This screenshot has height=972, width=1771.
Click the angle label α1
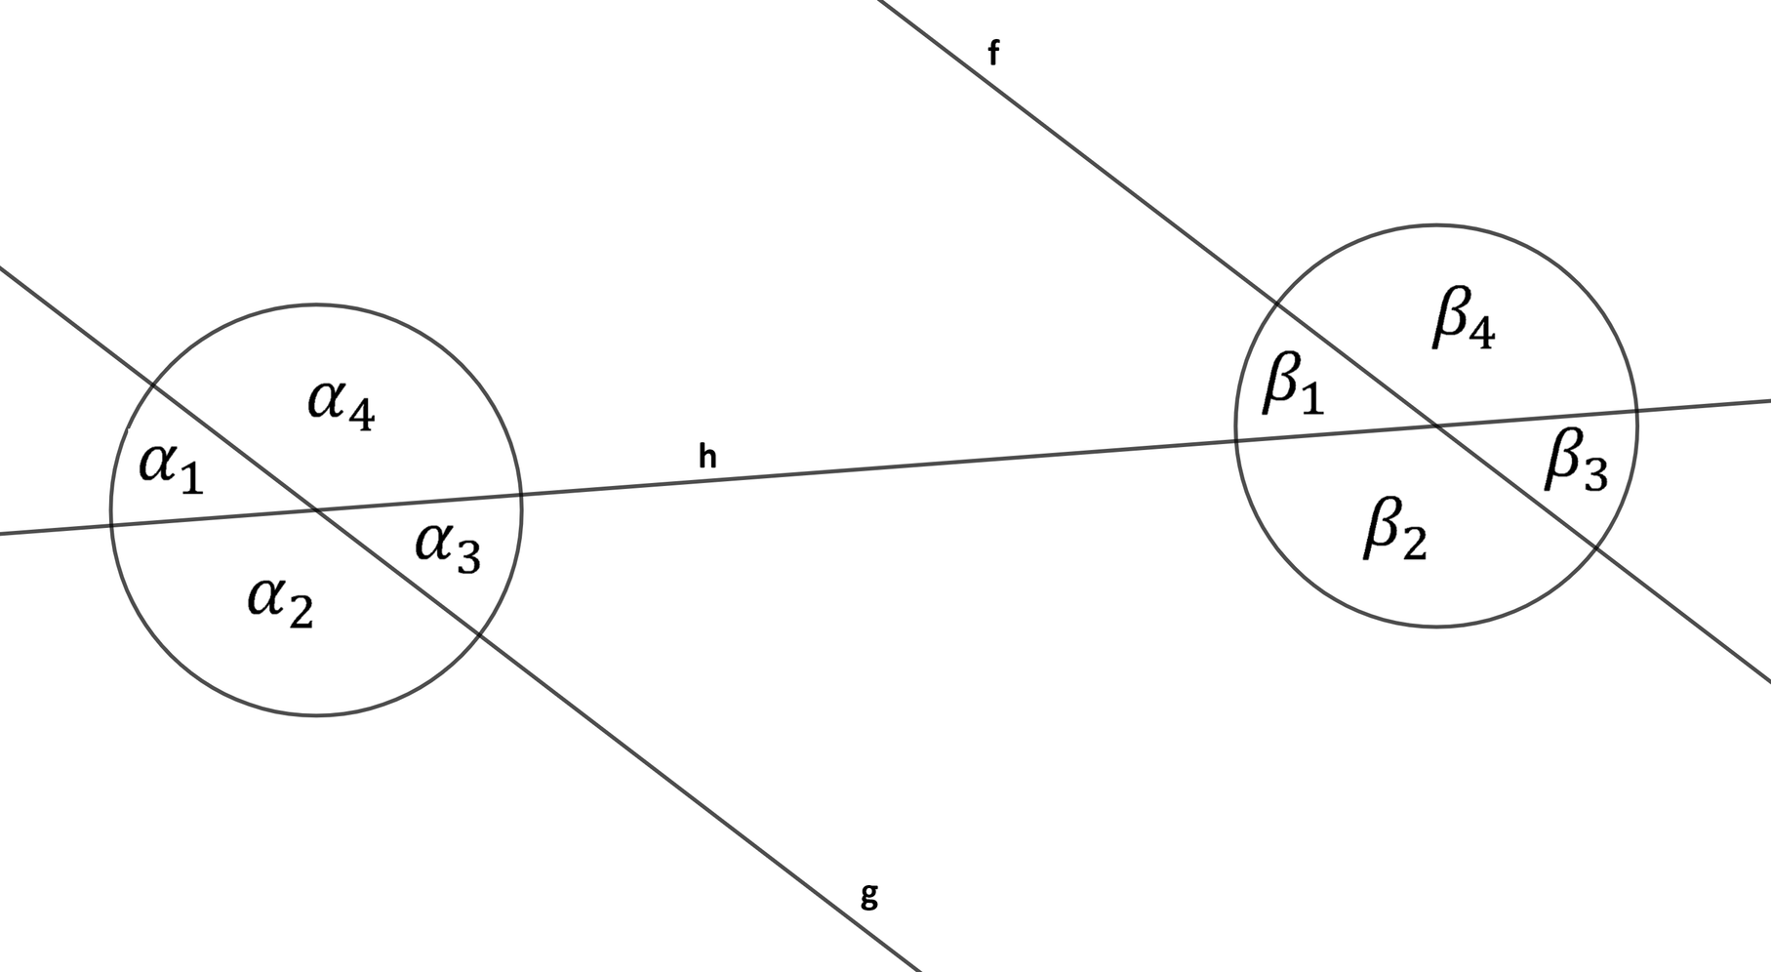click(x=172, y=467)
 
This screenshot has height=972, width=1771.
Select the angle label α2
click(x=280, y=601)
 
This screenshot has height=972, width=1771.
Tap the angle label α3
click(x=448, y=547)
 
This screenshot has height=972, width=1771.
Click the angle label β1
click(x=1294, y=384)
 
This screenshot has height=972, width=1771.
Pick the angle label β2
click(x=1395, y=528)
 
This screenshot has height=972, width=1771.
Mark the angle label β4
click(x=1464, y=318)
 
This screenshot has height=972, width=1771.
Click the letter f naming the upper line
click(x=993, y=53)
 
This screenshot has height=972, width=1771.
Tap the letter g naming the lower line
click(x=869, y=896)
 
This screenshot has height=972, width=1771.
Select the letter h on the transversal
click(x=707, y=455)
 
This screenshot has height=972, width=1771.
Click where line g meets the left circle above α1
click(x=153, y=385)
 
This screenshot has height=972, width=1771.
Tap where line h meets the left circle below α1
click(x=111, y=525)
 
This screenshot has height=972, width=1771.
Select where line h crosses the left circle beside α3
click(x=521, y=495)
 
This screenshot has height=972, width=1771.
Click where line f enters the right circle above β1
click(x=1277, y=303)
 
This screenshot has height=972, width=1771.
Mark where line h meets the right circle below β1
click(x=1236, y=440)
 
